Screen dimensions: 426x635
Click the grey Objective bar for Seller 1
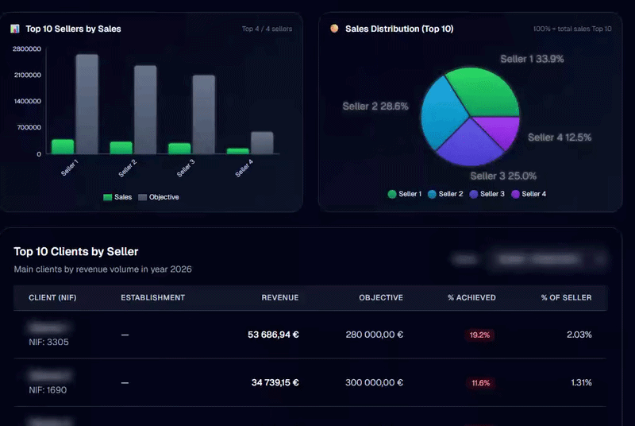pyautogui.click(x=87, y=103)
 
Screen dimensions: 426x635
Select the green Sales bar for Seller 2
pyautogui.click(x=121, y=148)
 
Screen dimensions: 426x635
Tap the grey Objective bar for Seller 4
pyautogui.click(x=262, y=143)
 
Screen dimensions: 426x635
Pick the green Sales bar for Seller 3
pyautogui.click(x=179, y=149)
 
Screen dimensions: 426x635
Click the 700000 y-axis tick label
pyautogui.click(x=29, y=127)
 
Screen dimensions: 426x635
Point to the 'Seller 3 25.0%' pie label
pyautogui.click(x=503, y=176)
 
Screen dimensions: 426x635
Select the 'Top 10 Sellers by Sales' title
pyautogui.click(x=73, y=29)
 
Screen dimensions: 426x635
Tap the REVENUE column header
pyautogui.click(x=280, y=298)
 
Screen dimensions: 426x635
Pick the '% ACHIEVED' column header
pyautogui.click(x=471, y=298)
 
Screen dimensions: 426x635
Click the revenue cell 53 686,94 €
pyautogui.click(x=273, y=335)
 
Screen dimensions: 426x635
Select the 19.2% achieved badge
pyautogui.click(x=479, y=335)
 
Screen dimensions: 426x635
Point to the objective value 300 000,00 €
pyautogui.click(x=374, y=382)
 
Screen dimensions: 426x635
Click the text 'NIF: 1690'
pyautogui.click(x=48, y=390)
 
